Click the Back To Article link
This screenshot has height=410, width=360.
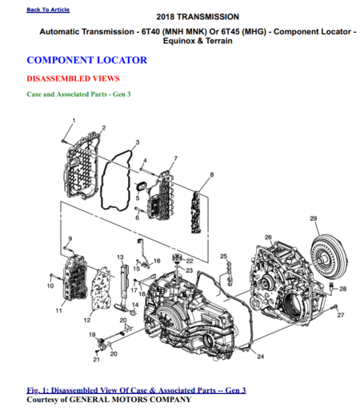(47, 10)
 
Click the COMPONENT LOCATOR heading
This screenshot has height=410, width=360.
(86, 60)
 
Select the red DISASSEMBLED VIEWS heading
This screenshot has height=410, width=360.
(73, 78)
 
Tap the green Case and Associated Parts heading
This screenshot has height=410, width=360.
(78, 94)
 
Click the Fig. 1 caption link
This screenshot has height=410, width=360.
(136, 390)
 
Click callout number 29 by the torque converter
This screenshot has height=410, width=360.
(314, 218)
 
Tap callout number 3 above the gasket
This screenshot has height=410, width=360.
(137, 142)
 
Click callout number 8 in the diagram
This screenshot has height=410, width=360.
(211, 174)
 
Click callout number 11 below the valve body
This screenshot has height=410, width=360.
(58, 310)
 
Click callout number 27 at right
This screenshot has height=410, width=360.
(340, 316)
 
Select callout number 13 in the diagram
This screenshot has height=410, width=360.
(120, 257)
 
